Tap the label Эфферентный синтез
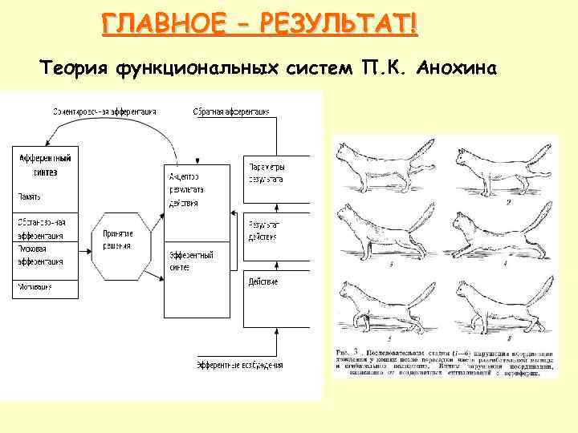(190, 261)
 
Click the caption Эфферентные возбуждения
(240, 366)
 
